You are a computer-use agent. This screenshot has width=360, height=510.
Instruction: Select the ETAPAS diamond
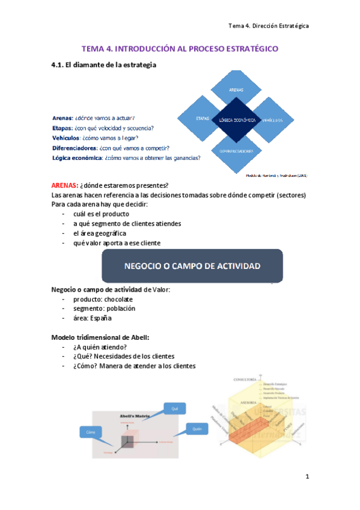[203, 118]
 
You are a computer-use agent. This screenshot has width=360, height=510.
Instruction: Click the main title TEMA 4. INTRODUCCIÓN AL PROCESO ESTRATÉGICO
[180, 48]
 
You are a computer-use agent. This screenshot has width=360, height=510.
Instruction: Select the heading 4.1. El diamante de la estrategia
[104, 65]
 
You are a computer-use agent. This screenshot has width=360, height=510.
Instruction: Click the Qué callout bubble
[175, 409]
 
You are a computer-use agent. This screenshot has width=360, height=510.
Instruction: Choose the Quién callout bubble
[196, 429]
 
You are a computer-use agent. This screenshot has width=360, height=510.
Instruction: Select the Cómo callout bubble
[91, 431]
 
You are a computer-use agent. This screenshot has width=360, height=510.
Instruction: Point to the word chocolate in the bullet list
[118, 299]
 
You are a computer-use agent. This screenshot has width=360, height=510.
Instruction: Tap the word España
[100, 318]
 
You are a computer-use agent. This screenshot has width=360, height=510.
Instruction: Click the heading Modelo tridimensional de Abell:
[99, 337]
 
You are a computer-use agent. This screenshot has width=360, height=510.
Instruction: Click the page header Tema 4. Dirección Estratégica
[269, 26]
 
